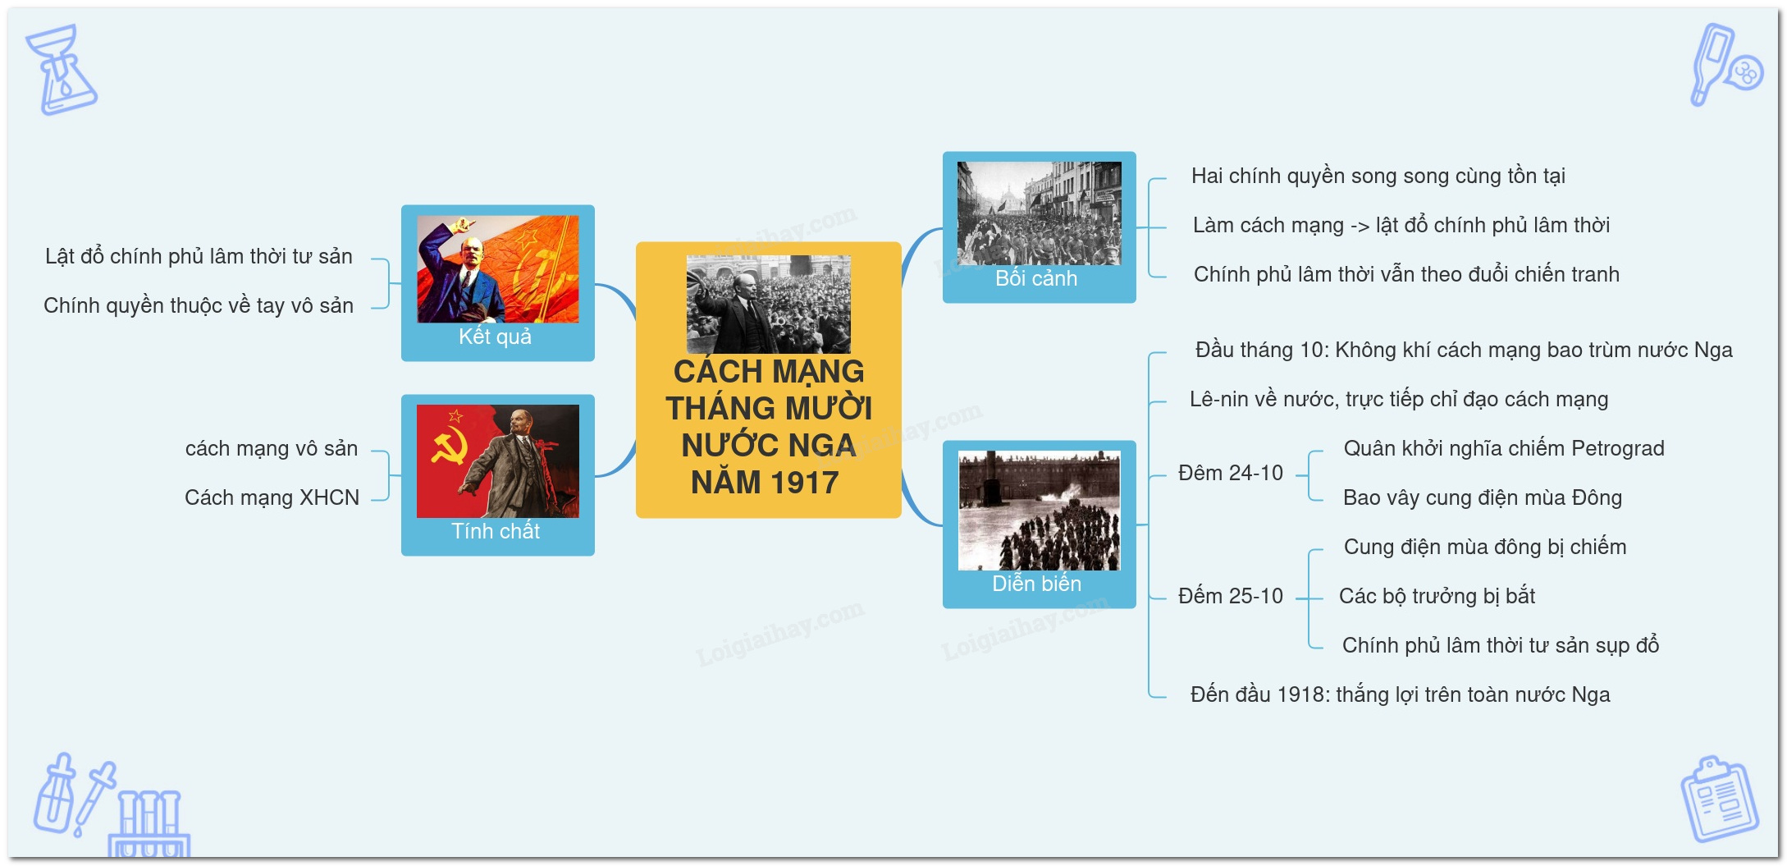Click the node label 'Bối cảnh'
click(x=1036, y=278)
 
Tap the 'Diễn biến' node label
click(x=1036, y=584)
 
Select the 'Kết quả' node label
click(x=495, y=337)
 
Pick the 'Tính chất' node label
click(x=496, y=531)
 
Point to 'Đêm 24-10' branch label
click(x=1231, y=473)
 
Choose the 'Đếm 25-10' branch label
click(x=1231, y=596)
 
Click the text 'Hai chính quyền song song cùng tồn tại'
click(x=1378, y=176)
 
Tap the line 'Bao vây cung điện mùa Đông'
click(x=1483, y=497)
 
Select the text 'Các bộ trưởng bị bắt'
click(x=1437, y=596)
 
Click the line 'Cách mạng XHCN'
click(x=272, y=497)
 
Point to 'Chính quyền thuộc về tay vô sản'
click(x=199, y=306)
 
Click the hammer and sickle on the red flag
click(x=450, y=447)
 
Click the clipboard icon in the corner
click(x=1719, y=799)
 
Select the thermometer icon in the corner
click(x=1725, y=64)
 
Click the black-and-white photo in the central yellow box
click(x=768, y=304)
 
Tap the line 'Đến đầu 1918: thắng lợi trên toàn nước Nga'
click(x=1401, y=694)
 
